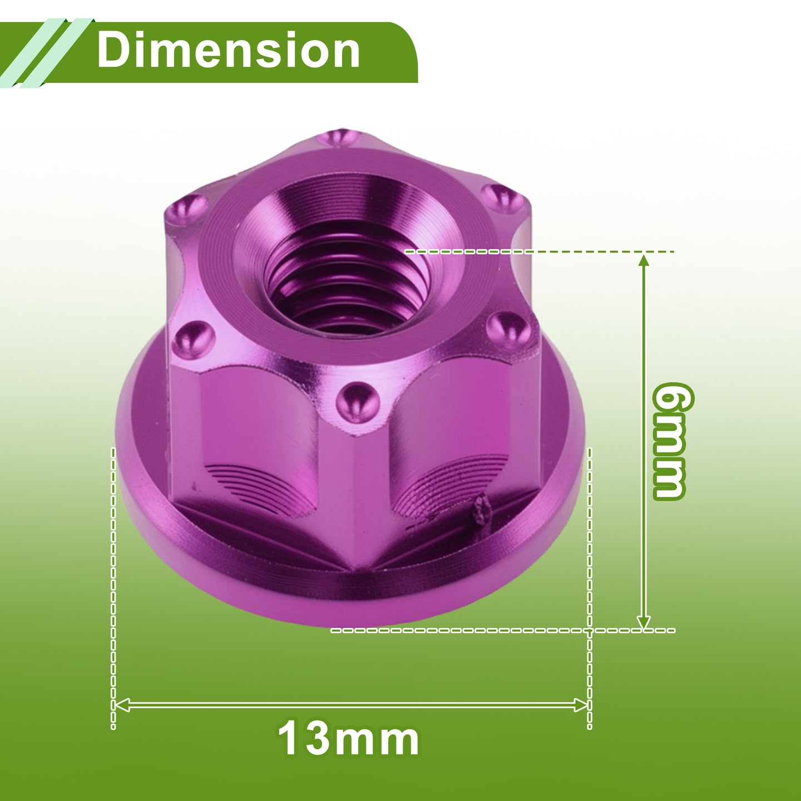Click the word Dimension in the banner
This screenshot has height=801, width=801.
click(228, 50)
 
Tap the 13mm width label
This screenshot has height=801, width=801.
click(348, 739)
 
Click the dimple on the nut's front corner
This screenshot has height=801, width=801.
click(357, 402)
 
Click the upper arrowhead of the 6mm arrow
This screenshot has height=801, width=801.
click(644, 262)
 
